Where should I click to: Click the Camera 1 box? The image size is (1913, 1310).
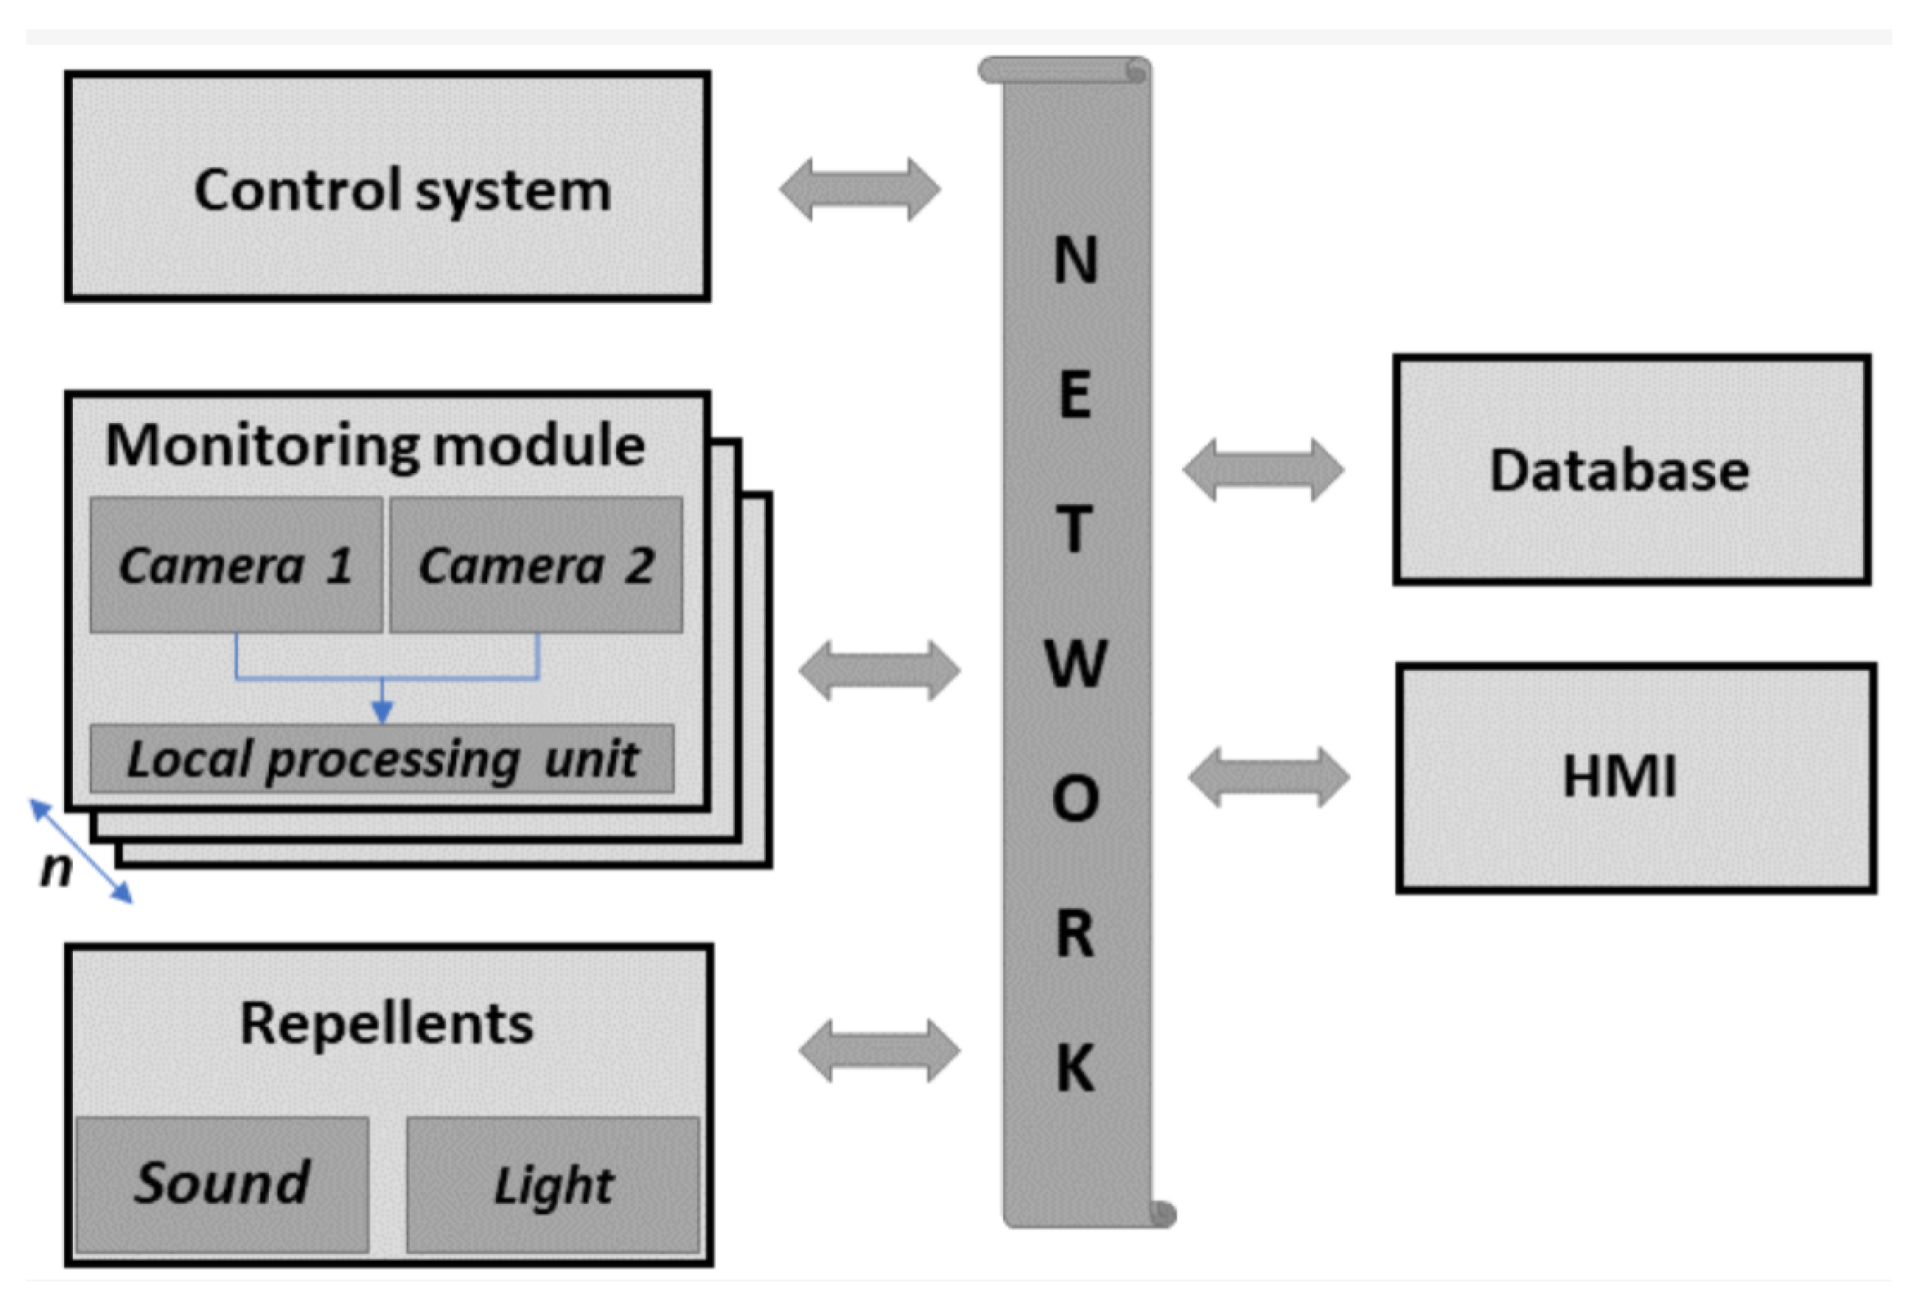pyautogui.click(x=237, y=566)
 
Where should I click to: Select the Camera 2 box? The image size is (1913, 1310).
pyautogui.click(x=536, y=566)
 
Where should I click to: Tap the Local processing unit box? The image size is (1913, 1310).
pyautogui.click(x=382, y=759)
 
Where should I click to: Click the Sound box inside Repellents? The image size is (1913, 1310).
pyautogui.click(x=222, y=1184)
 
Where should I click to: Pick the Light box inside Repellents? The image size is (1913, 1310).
pyautogui.click(x=552, y=1184)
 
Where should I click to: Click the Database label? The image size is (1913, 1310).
pyautogui.click(x=1619, y=471)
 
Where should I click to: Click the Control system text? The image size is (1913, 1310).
pyautogui.click(x=403, y=191)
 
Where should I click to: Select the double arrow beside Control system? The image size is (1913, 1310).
pyautogui.click(x=859, y=189)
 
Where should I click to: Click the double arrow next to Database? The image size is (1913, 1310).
pyautogui.click(x=1263, y=470)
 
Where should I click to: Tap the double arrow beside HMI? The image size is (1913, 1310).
pyautogui.click(x=1268, y=777)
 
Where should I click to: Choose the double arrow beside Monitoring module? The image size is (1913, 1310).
pyautogui.click(x=879, y=671)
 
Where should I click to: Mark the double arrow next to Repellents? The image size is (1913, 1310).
pyautogui.click(x=879, y=1051)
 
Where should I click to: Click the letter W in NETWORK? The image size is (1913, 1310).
pyautogui.click(x=1075, y=663)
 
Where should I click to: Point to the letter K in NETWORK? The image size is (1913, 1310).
pyautogui.click(x=1075, y=1068)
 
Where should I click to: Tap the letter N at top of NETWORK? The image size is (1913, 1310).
pyautogui.click(x=1075, y=260)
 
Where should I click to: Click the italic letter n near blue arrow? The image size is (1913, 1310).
pyautogui.click(x=56, y=868)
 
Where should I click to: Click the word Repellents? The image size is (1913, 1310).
pyautogui.click(x=386, y=1024)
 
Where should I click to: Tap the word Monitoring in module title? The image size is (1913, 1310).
pyautogui.click(x=262, y=446)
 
